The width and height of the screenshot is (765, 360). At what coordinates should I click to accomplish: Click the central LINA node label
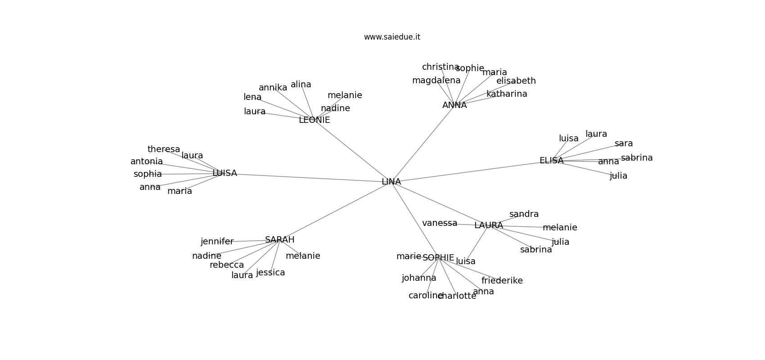tap(391, 182)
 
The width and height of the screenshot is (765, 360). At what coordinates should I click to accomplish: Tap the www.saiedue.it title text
tap(392, 37)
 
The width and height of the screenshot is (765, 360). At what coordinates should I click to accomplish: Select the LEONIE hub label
tap(314, 120)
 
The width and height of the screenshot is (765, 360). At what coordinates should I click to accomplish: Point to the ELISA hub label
tap(551, 161)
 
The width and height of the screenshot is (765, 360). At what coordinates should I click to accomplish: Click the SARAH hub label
tap(279, 240)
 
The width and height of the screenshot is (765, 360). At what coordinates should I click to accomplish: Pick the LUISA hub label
tap(225, 173)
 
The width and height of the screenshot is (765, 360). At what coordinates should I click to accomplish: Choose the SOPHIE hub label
tap(438, 258)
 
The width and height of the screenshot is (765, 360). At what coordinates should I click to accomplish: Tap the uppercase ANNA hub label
tap(454, 105)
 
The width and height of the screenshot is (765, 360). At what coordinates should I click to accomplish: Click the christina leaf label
tap(440, 67)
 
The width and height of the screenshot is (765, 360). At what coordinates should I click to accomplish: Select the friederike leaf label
tap(502, 281)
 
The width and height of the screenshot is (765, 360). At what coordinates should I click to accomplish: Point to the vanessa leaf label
tap(440, 223)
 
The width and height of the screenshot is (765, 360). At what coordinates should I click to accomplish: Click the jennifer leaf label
tap(217, 242)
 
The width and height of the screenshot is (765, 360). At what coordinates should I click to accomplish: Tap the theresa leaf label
tap(164, 149)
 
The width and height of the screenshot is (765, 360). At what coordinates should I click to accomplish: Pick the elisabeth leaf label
tap(516, 81)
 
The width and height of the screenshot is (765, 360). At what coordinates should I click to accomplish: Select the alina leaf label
tap(301, 85)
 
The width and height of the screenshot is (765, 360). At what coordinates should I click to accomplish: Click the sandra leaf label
tap(524, 214)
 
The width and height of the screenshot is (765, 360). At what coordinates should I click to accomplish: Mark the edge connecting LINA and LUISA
tap(306, 177)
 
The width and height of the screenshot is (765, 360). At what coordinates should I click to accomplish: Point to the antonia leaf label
tap(147, 162)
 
